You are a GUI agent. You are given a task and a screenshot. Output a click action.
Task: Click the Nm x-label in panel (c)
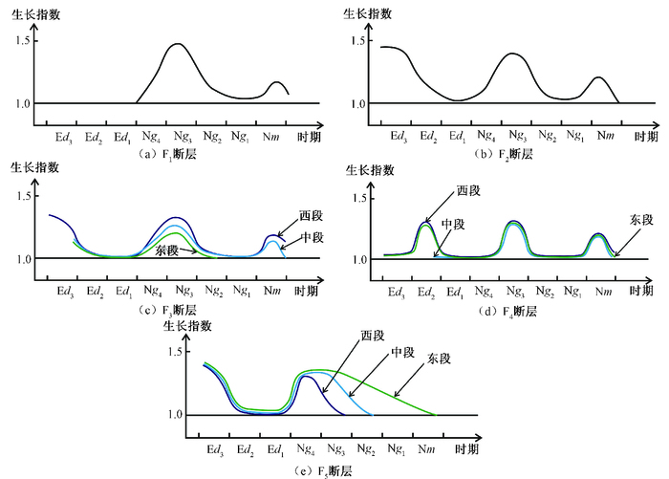point(274,292)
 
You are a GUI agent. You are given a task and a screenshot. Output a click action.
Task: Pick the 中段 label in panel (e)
point(401,353)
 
